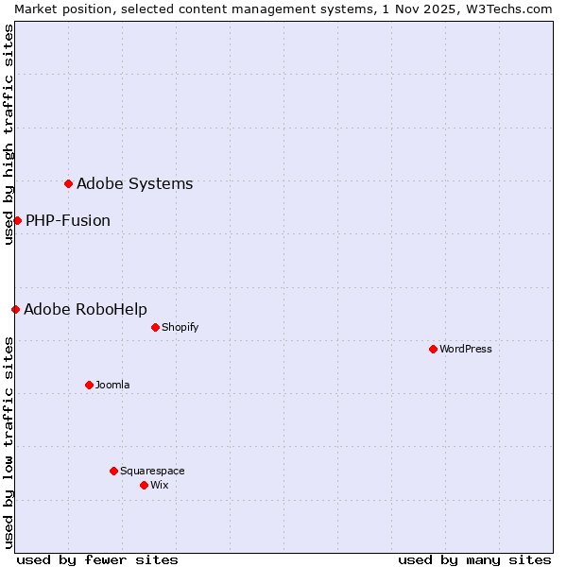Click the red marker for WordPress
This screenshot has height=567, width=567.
(x=433, y=349)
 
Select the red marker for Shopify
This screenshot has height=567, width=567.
(x=155, y=327)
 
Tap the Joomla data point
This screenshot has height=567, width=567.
(x=89, y=385)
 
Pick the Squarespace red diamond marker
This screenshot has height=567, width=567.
(x=113, y=471)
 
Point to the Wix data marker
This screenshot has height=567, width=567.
(x=144, y=485)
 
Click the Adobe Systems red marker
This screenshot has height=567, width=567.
(x=68, y=183)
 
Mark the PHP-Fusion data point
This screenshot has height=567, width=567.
(x=17, y=220)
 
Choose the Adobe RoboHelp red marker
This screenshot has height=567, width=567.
(x=15, y=309)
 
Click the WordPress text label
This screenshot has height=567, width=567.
(x=466, y=349)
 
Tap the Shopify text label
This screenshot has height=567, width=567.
(x=180, y=327)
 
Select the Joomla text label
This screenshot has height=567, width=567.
(x=112, y=385)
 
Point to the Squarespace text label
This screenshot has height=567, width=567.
(x=152, y=471)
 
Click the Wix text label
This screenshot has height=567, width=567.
(x=160, y=485)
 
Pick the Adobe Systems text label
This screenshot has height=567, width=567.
(x=134, y=183)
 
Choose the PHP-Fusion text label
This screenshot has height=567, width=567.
(x=68, y=220)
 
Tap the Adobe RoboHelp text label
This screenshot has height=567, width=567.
(x=85, y=309)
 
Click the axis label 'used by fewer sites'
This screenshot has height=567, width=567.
(x=97, y=559)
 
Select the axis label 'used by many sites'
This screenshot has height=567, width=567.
(x=474, y=559)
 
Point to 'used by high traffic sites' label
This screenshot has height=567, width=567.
(x=9, y=134)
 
